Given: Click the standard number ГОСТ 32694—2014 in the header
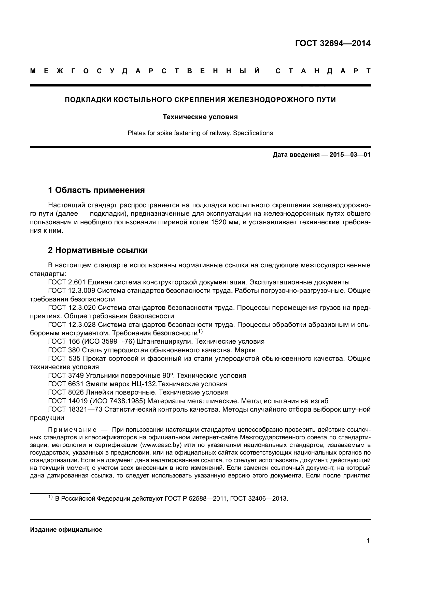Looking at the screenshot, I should point(333,43).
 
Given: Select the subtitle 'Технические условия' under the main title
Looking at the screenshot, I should point(200,117).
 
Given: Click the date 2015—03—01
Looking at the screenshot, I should point(350,155).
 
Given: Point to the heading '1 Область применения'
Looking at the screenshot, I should point(96,190).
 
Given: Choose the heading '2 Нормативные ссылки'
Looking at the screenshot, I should point(98,250).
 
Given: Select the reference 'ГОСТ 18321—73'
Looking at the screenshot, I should point(75,410).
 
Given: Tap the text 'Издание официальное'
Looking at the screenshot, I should point(66,529).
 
